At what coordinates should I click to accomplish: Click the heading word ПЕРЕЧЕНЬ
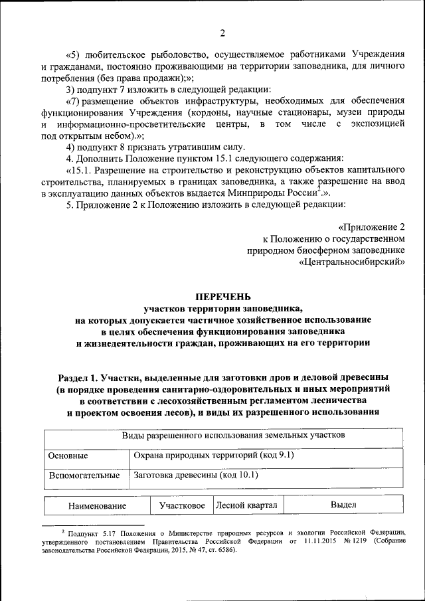pos(222,297)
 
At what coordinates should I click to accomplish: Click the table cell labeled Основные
pos(69,456)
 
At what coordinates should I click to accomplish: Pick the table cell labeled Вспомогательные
pos(84,475)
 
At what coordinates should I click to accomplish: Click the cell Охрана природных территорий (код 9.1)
pos(213,456)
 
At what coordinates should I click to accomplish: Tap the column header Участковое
pos(181,506)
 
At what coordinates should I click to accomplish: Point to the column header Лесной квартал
pos(246,505)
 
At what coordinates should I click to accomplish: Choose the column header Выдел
pos(343,505)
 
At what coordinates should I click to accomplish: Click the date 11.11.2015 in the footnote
pos(304,542)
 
